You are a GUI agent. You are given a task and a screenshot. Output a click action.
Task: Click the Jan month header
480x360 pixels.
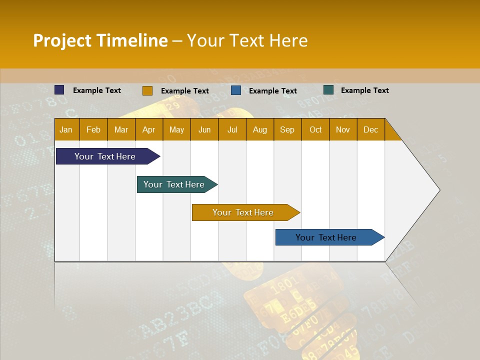coord(66,130)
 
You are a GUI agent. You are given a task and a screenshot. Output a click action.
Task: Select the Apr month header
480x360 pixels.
coord(148,130)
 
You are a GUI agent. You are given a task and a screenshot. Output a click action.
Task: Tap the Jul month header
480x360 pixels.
coord(232,130)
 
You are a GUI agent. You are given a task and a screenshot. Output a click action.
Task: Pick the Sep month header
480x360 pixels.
coord(287,130)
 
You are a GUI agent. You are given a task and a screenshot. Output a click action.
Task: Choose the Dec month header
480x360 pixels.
coord(370,130)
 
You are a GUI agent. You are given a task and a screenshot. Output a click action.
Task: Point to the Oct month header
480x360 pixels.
coord(315,130)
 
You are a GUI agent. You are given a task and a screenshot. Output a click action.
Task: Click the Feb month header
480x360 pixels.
coord(93,130)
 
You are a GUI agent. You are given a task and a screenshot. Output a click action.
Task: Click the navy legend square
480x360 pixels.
coord(59,90)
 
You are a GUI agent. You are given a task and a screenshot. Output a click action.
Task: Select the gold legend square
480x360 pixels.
coord(147,90)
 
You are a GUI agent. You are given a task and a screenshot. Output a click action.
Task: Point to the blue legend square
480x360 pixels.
coord(236,90)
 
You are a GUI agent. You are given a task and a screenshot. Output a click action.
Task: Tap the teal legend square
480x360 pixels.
coord(328,90)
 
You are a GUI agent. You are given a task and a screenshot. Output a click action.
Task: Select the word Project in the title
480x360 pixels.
coord(62,40)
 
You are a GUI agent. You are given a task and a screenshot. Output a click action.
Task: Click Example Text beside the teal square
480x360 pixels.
coord(364,90)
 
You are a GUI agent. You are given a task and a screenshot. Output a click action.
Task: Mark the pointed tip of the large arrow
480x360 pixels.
coord(439,190)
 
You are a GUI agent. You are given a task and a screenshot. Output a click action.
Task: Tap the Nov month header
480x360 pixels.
coord(343,130)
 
